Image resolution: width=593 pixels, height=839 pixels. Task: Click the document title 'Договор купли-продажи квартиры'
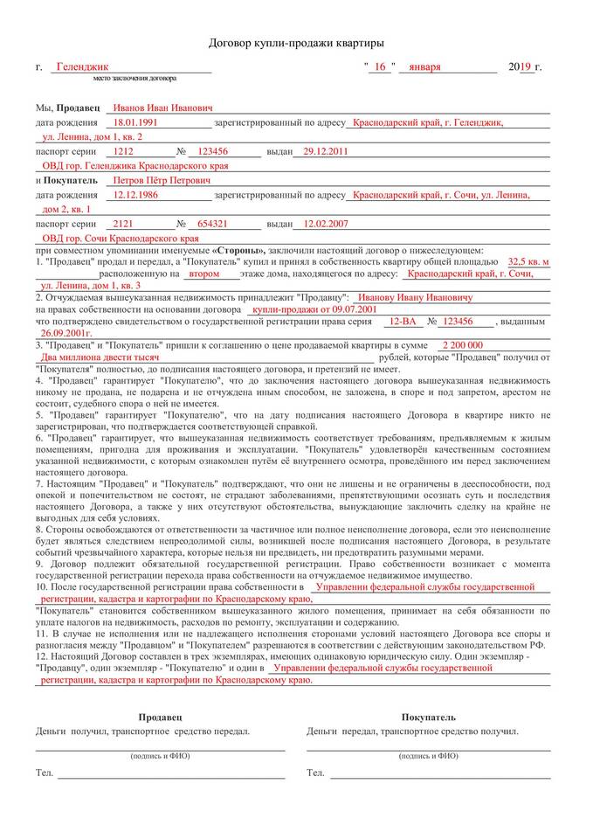click(296, 42)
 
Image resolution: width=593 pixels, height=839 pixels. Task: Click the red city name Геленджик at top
click(81, 66)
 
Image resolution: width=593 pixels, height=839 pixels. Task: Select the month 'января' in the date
click(423, 66)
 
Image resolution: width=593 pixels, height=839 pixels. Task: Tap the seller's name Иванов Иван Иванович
click(162, 107)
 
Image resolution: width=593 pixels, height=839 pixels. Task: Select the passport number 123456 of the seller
click(213, 151)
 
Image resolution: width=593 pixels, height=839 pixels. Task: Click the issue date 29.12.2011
click(325, 151)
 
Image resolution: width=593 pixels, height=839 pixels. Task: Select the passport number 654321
click(213, 224)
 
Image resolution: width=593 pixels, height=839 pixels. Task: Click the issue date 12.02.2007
click(325, 224)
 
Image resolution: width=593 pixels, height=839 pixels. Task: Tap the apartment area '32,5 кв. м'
click(528, 260)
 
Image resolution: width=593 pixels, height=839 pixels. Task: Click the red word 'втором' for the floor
click(204, 273)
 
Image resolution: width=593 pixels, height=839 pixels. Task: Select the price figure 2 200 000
click(463, 345)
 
